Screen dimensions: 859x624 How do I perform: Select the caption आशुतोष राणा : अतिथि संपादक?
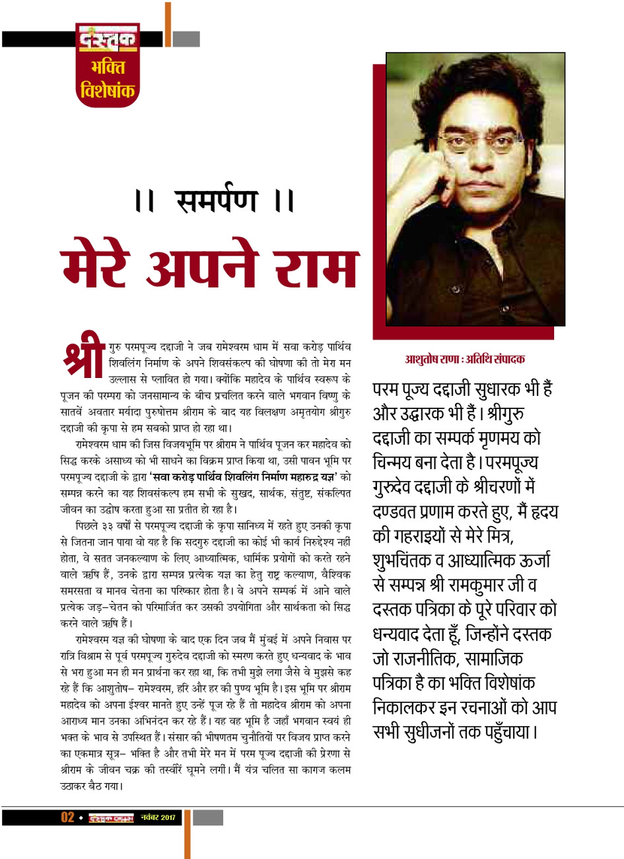coord(465,359)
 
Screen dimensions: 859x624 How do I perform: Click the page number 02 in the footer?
coord(67,817)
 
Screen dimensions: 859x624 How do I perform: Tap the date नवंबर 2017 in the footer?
coord(158,818)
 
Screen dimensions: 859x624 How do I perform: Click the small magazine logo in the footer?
coord(111,818)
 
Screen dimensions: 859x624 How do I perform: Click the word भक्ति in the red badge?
coord(108,67)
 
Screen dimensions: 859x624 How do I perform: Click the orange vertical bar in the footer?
coord(188,833)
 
